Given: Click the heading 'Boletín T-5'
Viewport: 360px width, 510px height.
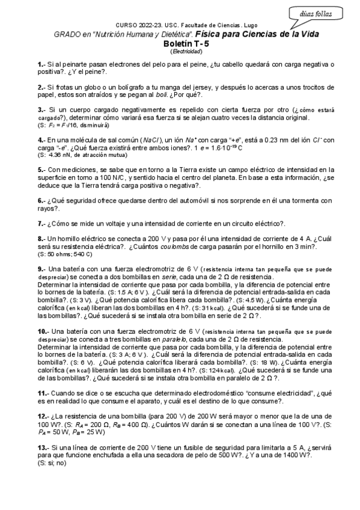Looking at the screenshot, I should [x=180, y=44].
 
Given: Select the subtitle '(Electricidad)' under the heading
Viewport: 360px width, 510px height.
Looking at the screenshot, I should [x=180, y=52].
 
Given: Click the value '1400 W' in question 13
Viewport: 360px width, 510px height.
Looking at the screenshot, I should [x=297, y=456].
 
